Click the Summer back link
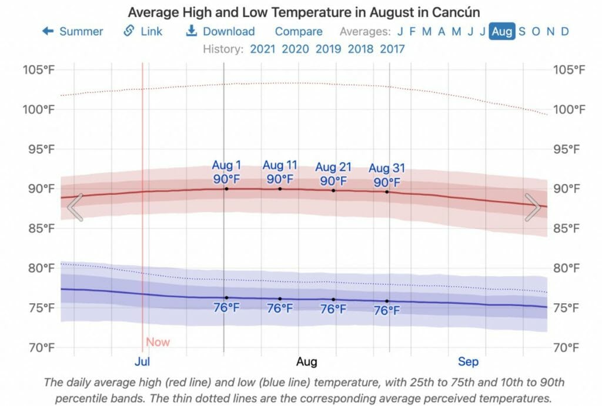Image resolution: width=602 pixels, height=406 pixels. [72, 32]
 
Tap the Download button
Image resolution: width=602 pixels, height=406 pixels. [220, 32]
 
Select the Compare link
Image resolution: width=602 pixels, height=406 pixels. [299, 32]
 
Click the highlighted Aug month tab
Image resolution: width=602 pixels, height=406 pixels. [501, 32]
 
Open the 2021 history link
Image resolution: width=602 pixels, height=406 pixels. [263, 49]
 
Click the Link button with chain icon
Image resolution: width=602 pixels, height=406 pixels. [143, 32]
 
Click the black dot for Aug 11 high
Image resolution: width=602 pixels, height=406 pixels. [280, 189]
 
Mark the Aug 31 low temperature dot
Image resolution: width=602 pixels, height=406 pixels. [387, 301]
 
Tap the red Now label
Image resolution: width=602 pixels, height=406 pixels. [158, 342]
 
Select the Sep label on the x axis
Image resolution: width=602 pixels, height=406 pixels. [469, 361]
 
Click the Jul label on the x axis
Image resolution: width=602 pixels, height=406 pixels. [142, 361]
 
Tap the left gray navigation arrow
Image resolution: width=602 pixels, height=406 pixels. [75, 207]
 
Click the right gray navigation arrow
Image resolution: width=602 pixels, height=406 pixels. [533, 207]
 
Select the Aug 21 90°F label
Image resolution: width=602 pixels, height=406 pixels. [333, 175]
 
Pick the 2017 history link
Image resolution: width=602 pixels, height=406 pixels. [393, 49]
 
